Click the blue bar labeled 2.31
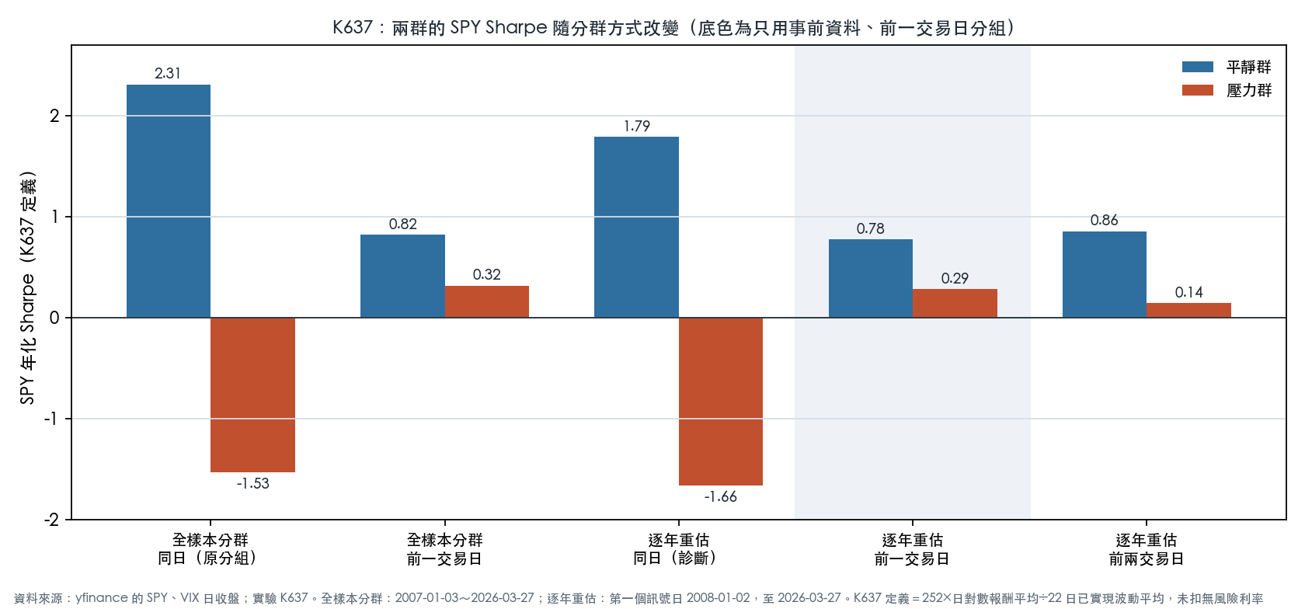tap(169, 201)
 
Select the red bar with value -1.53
tap(253, 395)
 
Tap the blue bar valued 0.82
tap(402, 277)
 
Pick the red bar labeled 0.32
tap(487, 302)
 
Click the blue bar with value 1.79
tap(636, 228)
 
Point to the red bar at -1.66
tap(721, 402)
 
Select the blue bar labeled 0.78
tap(870, 279)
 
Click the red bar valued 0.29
tap(955, 303)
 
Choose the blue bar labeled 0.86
tap(1105, 274)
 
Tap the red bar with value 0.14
tap(1188, 311)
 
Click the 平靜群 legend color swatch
tap(1198, 67)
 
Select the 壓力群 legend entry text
tap(1248, 90)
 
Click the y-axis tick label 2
tap(55, 116)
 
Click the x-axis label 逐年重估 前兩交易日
tap(1147, 549)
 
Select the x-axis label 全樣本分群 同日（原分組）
tap(211, 549)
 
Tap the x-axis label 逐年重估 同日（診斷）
tap(679, 549)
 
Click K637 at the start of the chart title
tap(353, 27)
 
